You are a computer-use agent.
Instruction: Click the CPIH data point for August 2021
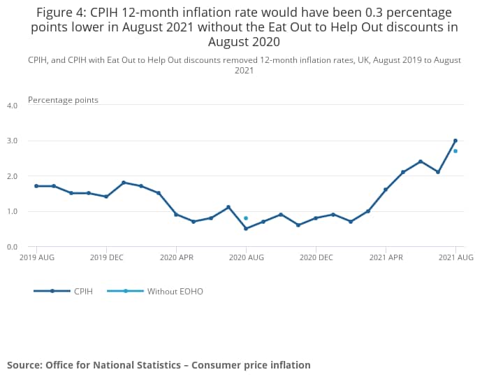(x=455, y=141)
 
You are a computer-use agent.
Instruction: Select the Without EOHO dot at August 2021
(x=455, y=151)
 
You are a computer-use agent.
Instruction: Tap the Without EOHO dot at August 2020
(x=246, y=218)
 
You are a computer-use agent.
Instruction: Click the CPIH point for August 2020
(x=246, y=229)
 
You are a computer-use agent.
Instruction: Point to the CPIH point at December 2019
(x=106, y=197)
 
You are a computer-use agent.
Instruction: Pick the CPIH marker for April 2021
(x=386, y=190)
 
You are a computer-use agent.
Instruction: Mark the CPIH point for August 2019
(x=36, y=186)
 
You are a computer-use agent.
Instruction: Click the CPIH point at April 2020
(x=176, y=214)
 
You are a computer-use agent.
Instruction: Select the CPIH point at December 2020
(x=316, y=218)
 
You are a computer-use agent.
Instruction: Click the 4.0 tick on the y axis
(x=12, y=106)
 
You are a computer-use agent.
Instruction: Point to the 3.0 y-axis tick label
(x=12, y=141)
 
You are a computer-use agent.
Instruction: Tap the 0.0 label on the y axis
(x=12, y=246)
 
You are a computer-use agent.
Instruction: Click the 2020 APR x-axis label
(x=176, y=258)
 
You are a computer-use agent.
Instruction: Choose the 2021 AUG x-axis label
(x=455, y=258)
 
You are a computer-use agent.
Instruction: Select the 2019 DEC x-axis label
(x=106, y=258)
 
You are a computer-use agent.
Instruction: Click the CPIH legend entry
(x=81, y=291)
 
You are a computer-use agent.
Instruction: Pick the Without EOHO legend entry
(x=175, y=291)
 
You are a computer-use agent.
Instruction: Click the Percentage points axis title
(x=63, y=100)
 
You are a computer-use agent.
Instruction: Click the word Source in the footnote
(x=25, y=365)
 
